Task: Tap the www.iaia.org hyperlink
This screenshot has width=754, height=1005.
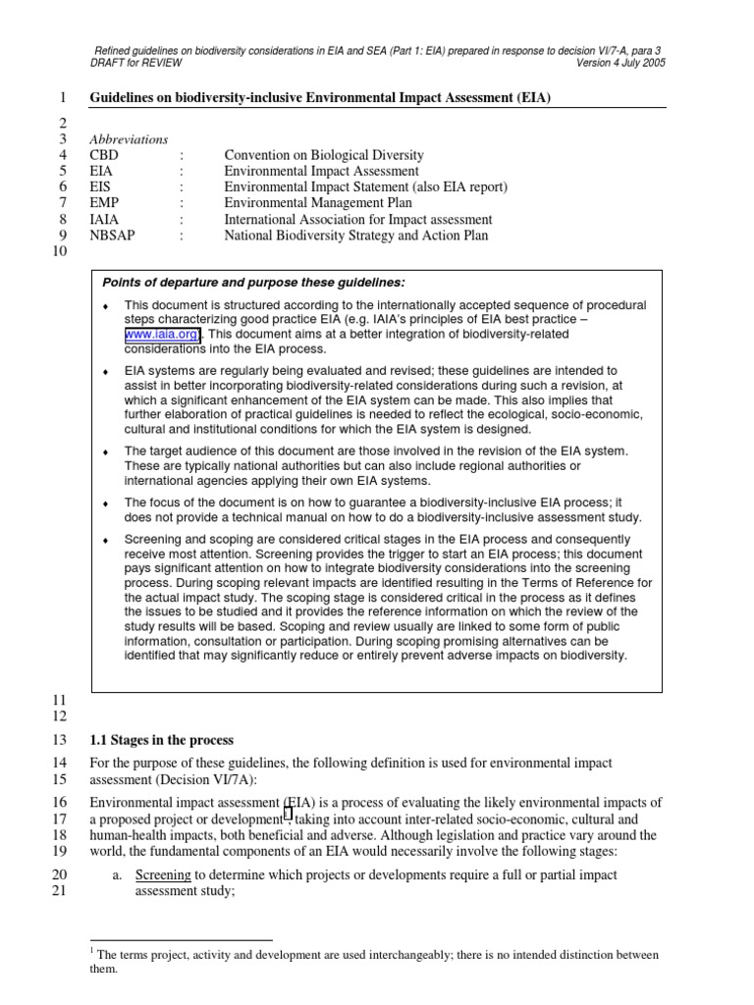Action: click(x=161, y=335)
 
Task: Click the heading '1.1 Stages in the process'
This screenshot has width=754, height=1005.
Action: click(x=162, y=740)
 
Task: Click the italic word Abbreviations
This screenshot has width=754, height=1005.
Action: click(x=129, y=139)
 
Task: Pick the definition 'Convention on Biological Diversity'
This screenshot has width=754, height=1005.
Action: click(x=324, y=155)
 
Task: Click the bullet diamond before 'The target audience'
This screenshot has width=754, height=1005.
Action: click(x=105, y=451)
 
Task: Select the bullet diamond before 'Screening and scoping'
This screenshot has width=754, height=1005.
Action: click(x=105, y=541)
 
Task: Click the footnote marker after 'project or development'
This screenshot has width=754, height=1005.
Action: click(x=287, y=815)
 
